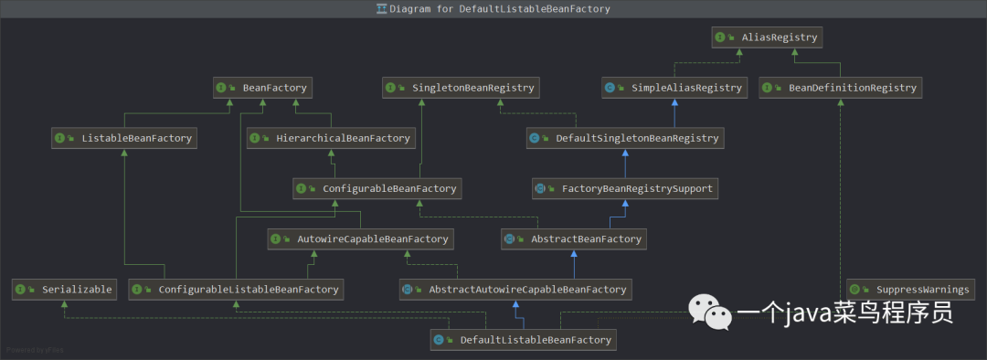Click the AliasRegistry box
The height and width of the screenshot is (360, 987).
point(767,37)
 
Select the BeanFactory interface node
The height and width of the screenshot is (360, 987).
point(262,88)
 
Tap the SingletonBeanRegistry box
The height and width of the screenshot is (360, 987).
point(462,88)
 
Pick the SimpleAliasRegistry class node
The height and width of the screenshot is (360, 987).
point(674,88)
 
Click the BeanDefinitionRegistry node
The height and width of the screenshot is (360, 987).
point(841,88)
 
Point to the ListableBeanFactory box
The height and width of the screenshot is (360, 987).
point(124,139)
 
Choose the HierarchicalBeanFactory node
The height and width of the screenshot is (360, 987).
point(331,139)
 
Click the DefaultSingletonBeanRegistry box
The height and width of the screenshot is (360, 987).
point(625,139)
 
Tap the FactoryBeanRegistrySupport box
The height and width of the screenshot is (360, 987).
point(624,188)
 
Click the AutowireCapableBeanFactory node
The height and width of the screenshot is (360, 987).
point(361,239)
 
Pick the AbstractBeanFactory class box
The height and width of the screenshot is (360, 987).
point(574,239)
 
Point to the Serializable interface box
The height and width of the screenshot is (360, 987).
point(64,290)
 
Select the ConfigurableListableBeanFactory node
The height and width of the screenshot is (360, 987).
point(236,290)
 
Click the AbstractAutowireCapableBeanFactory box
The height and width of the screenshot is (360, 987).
point(515,290)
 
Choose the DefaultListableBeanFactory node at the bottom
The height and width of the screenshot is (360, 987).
point(523,340)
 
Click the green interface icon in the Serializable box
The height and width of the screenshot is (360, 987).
point(21,290)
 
